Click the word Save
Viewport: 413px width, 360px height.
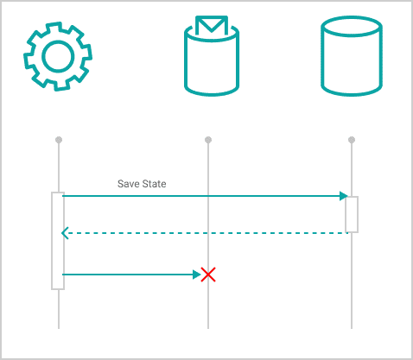click(x=127, y=184)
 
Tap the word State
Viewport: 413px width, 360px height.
click(x=153, y=184)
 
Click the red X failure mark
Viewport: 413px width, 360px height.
click(x=208, y=275)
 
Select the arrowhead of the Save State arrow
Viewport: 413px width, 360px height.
click(x=344, y=196)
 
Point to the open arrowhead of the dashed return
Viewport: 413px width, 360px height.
click(x=65, y=233)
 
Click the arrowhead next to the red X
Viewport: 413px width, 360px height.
click(x=197, y=275)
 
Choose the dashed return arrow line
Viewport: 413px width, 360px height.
click(x=205, y=233)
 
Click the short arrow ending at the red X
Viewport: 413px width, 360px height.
click(x=131, y=275)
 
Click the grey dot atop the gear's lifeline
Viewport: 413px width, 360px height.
click(x=59, y=140)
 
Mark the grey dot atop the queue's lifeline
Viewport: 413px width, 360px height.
click(x=208, y=140)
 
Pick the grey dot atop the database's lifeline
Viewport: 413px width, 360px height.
click(x=352, y=140)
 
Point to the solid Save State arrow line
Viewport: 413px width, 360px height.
click(x=205, y=196)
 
